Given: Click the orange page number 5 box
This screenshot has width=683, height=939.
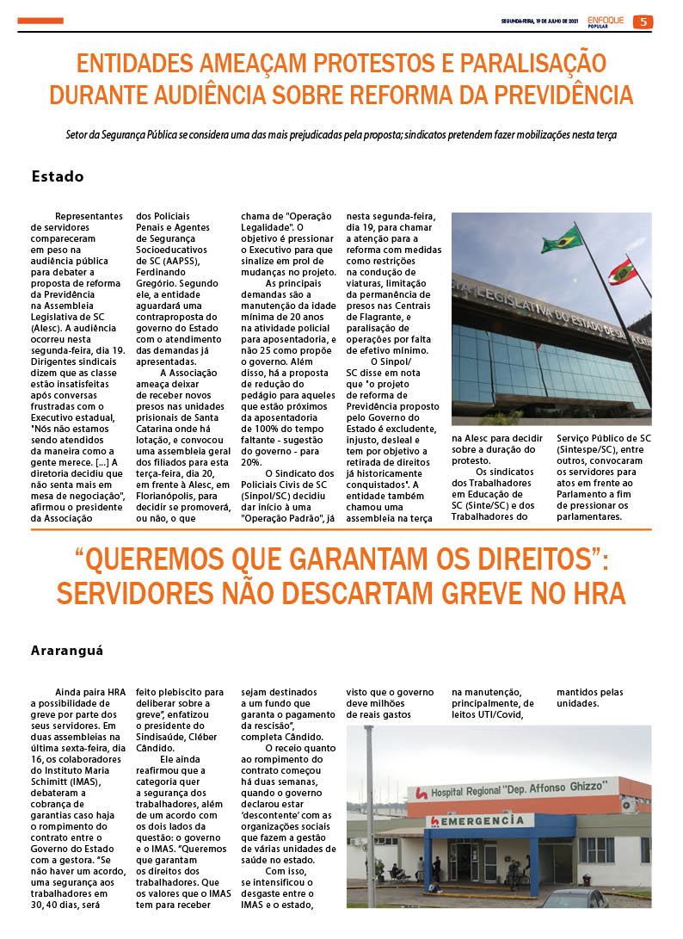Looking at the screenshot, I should click(643, 22).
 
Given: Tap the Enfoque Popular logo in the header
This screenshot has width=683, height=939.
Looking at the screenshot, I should click(607, 22).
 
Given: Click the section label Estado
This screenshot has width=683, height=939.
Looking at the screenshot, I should click(58, 176).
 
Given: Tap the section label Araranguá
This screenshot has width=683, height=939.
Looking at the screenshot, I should click(67, 651).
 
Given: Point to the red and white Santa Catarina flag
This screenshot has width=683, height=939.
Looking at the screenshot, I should click(623, 272).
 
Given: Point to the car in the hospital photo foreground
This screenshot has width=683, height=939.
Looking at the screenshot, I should click(572, 899).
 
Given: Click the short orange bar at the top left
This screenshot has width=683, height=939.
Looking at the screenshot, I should click(40, 21).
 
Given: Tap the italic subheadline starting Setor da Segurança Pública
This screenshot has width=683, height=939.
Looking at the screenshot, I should click(341, 135).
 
